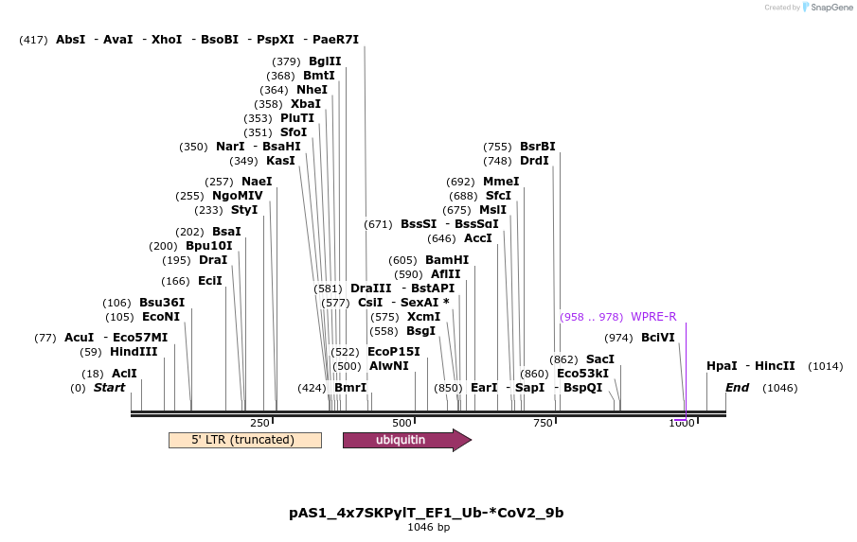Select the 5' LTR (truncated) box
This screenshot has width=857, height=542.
(244, 440)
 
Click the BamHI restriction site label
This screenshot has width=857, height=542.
(447, 260)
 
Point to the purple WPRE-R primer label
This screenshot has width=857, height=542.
(653, 317)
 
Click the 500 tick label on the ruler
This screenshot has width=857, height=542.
(402, 423)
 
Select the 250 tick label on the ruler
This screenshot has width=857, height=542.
(259, 423)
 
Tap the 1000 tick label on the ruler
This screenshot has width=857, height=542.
(682, 423)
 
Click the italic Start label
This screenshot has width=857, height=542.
(109, 388)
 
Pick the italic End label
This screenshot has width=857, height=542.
(737, 388)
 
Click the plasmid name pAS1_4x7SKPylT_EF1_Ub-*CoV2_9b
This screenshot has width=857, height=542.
(426, 513)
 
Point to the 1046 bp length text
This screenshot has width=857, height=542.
(428, 527)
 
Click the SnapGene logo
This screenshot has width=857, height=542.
(827, 8)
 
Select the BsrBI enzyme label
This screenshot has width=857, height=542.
(538, 147)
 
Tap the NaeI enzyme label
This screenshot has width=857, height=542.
(257, 182)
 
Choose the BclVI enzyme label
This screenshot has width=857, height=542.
(658, 338)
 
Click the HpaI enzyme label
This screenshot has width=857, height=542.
(722, 366)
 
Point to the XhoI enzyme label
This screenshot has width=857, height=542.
(166, 40)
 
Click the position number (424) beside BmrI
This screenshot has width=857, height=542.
(312, 388)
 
